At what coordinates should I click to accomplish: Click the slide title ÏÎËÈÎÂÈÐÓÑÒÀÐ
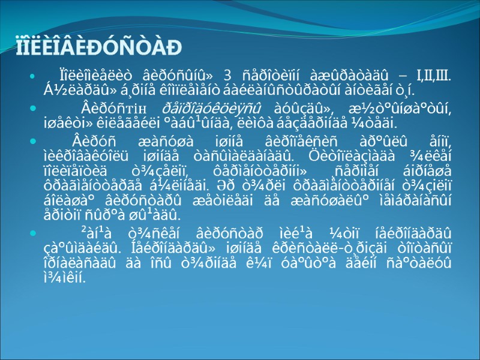coord(99,47)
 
